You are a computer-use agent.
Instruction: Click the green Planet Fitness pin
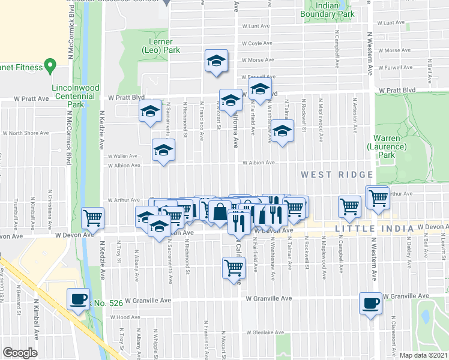point(50,65)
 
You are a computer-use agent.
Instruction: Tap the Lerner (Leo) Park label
point(160,46)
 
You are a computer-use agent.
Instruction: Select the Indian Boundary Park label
point(335,10)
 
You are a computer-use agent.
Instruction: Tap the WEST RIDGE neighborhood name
point(337,175)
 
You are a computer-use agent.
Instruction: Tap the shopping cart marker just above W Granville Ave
point(234,267)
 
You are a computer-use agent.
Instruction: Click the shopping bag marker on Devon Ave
point(220,212)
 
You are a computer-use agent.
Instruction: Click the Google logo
point(20,353)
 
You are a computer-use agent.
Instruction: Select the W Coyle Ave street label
point(256,43)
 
